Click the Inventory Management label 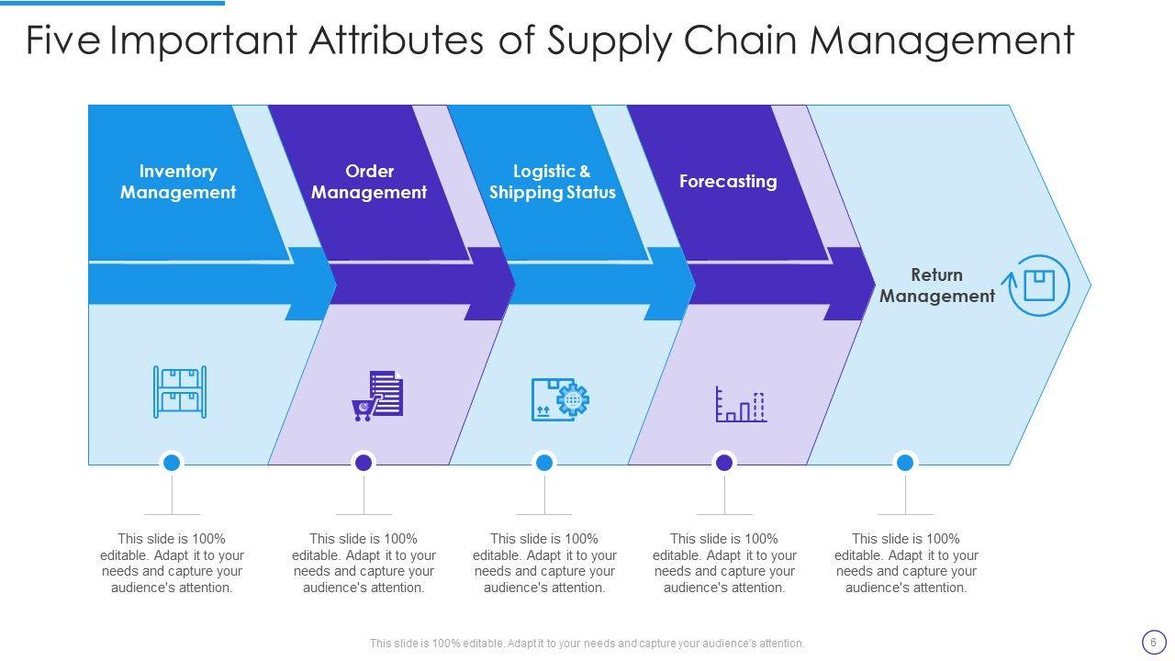click(178, 182)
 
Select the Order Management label click(369, 182)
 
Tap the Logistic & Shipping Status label click(552, 182)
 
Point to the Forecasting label click(728, 181)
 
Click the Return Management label click(936, 286)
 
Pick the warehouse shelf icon click(180, 392)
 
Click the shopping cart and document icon click(377, 396)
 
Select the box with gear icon click(560, 399)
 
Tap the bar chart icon click(741, 404)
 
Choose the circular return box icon click(1039, 286)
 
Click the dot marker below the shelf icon click(171, 463)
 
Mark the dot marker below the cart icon click(364, 463)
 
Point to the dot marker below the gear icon click(543, 463)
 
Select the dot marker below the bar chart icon click(724, 463)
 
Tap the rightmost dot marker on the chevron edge click(905, 463)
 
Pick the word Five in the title click(62, 41)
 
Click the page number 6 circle click(1153, 642)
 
